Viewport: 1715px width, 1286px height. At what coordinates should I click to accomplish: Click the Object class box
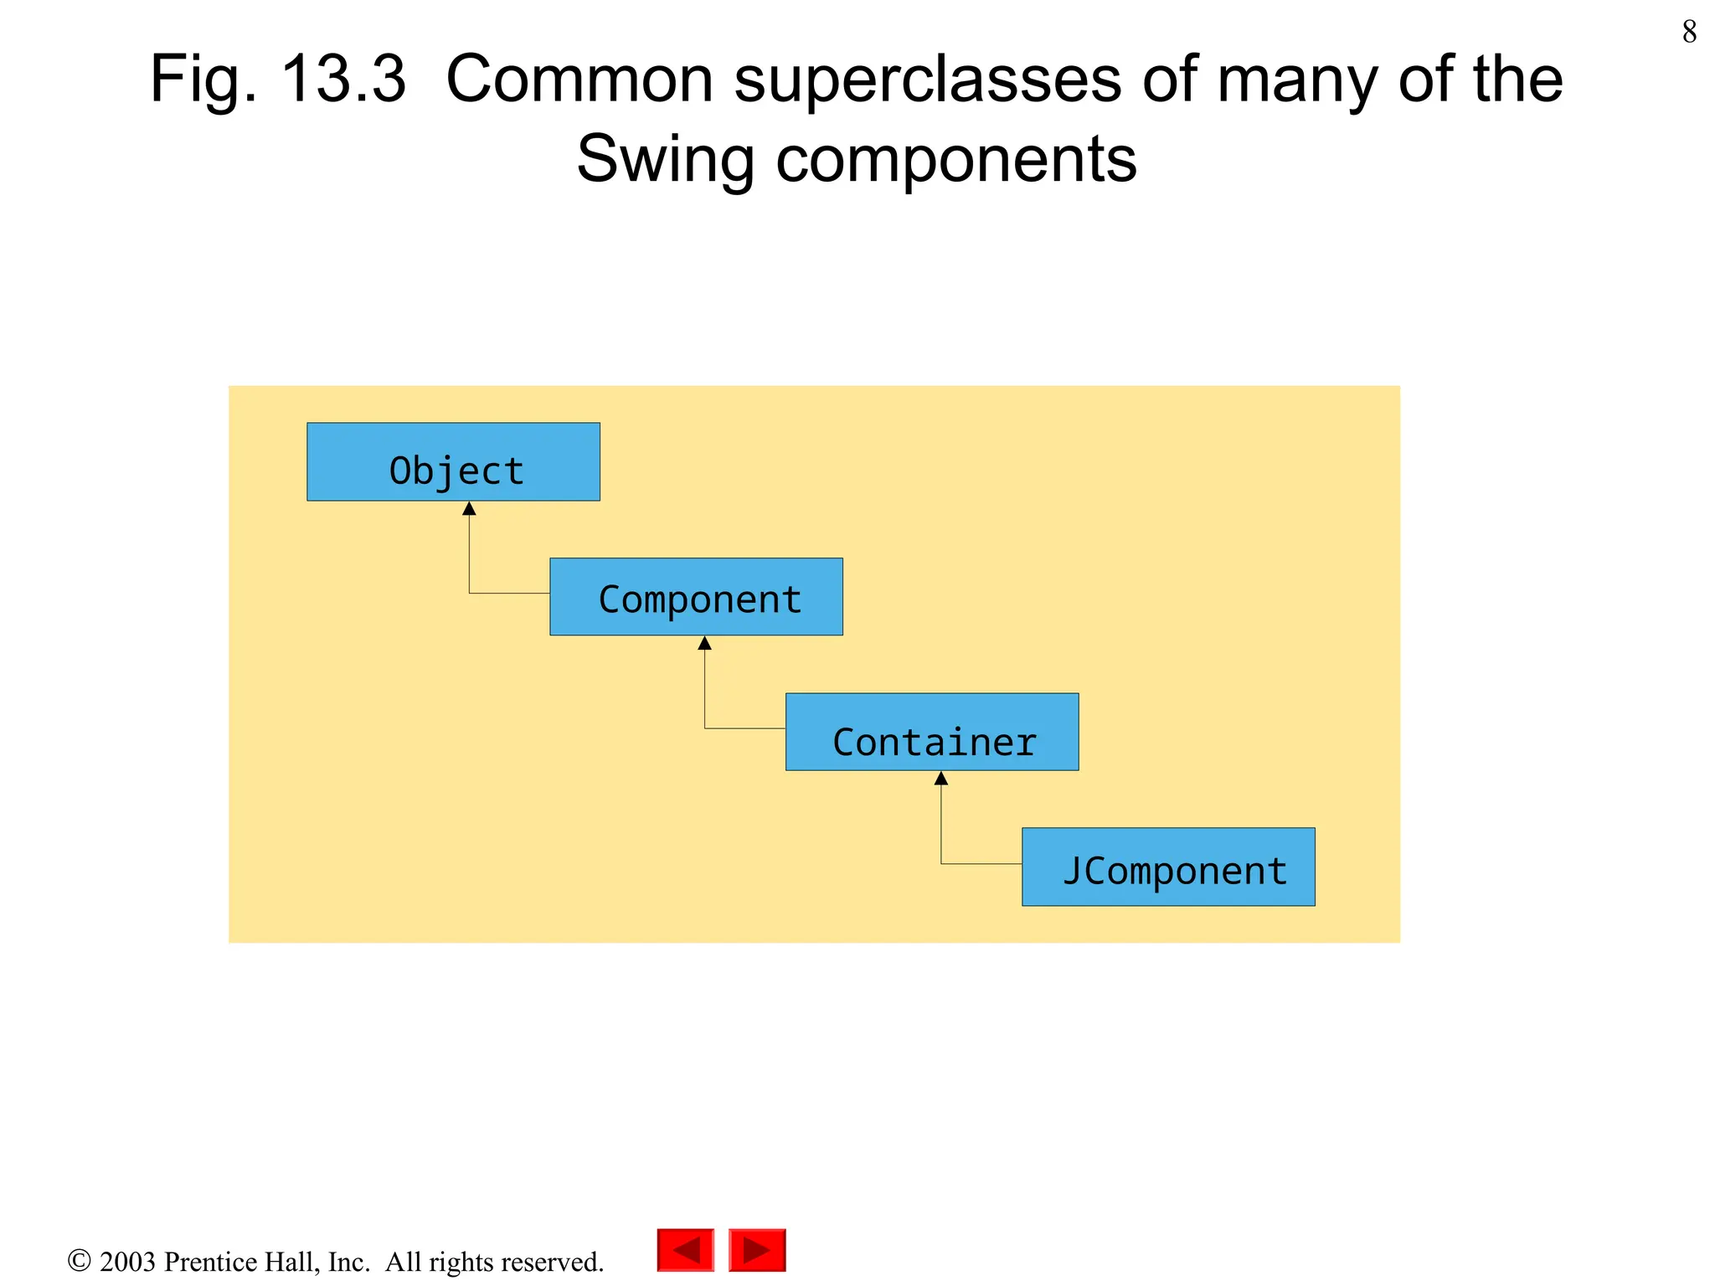[453, 461]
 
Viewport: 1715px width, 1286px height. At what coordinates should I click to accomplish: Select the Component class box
[696, 596]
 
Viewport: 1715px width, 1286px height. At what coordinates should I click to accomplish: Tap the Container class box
[931, 731]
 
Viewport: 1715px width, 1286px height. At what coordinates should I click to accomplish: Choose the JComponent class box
[1167, 867]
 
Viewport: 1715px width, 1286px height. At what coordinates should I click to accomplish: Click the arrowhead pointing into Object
[469, 508]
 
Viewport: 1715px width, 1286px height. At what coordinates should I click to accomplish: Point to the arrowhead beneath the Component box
[704, 643]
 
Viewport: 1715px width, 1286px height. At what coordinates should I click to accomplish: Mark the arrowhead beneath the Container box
[940, 779]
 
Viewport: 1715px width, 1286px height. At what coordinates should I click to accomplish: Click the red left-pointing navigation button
[685, 1250]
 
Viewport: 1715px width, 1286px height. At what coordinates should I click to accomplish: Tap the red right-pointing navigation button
[757, 1250]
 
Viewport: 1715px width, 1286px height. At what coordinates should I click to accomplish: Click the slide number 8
[1689, 32]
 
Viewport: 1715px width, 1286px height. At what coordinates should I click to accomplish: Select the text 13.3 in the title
[343, 80]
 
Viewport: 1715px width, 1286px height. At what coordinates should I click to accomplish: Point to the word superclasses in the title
[927, 80]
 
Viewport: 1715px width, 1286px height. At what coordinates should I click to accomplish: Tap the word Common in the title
[579, 80]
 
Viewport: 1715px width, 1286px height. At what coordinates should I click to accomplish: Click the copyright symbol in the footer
[79, 1260]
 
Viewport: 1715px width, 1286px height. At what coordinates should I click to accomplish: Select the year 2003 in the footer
[127, 1262]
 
